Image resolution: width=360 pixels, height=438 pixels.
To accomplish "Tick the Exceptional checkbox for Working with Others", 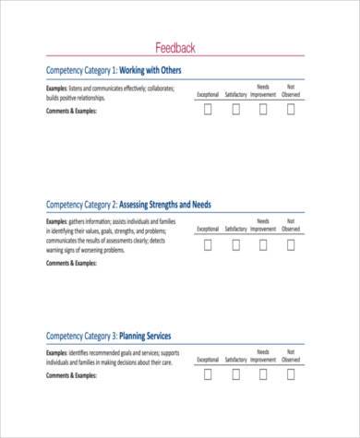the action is (x=208, y=110).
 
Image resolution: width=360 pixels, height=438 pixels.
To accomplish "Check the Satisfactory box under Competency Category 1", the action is (x=235, y=110).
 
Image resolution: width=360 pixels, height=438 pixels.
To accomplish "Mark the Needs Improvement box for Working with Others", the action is (x=263, y=110).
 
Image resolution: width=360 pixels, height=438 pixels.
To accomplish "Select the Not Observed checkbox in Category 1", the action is (x=291, y=110).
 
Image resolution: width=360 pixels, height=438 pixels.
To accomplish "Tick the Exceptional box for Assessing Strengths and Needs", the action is (x=208, y=244).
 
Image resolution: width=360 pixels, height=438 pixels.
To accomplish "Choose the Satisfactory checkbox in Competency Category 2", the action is (x=235, y=244).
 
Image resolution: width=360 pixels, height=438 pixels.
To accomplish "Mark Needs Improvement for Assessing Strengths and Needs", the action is (x=263, y=244).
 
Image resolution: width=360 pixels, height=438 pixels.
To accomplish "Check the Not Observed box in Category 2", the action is (x=291, y=244).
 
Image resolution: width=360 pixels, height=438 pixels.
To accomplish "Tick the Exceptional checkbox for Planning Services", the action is (x=208, y=374).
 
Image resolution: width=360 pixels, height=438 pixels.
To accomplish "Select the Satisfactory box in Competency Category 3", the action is (x=235, y=374).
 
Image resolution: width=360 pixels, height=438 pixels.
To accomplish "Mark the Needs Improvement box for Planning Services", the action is (x=263, y=374).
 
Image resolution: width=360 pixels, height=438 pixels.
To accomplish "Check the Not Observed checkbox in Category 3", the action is (x=291, y=374).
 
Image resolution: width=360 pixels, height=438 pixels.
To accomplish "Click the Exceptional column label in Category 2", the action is (x=208, y=229).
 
